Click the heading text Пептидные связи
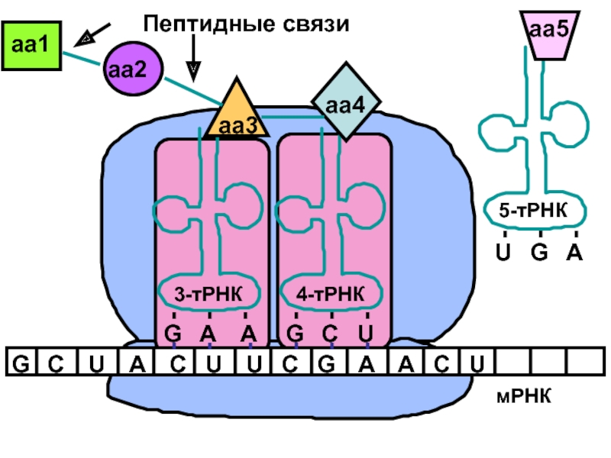246,24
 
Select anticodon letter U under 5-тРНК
503,252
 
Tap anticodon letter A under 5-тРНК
574,252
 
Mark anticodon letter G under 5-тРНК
539,252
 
